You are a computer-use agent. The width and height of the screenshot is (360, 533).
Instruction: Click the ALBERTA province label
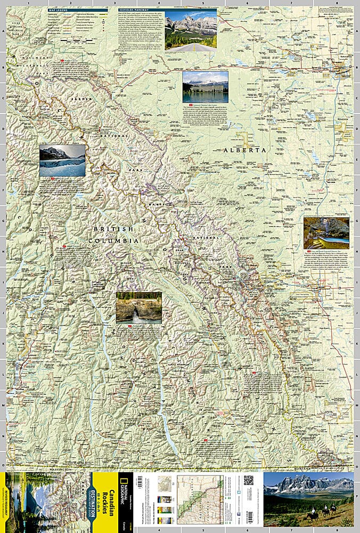(244, 150)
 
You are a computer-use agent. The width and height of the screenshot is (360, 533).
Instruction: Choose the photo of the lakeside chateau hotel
(205, 86)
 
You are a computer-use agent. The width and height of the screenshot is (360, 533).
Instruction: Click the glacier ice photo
(62, 160)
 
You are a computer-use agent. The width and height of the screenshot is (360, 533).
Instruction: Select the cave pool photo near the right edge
(326, 232)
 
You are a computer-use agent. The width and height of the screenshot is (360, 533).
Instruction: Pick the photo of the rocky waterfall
(138, 307)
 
